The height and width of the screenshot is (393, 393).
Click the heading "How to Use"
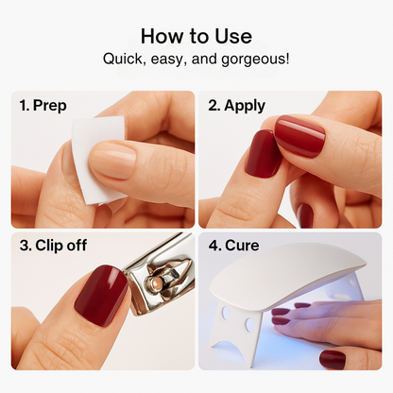pos(196,36)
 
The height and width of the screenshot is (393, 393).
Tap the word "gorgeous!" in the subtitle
pos(255,60)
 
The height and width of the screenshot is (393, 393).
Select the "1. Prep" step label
pos(43,105)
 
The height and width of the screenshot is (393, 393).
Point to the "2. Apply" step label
pos(236,106)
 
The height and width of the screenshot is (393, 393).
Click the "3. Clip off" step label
pos(53,246)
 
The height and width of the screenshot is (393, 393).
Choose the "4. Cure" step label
pos(233,246)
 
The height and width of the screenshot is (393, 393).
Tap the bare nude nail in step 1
pos(113,159)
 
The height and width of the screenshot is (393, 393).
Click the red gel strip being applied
pos(299,135)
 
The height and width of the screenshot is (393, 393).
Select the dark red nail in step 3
pos(101,295)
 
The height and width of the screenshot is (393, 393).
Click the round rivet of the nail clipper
pos(153,282)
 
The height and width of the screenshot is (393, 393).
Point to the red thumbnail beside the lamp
pos(333,358)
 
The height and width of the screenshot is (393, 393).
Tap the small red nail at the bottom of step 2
pos(305,215)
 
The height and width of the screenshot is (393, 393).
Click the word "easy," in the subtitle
pos(168,60)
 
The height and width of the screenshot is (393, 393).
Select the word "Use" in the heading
pos(233,36)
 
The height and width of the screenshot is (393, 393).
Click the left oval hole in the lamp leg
pos(226,313)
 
